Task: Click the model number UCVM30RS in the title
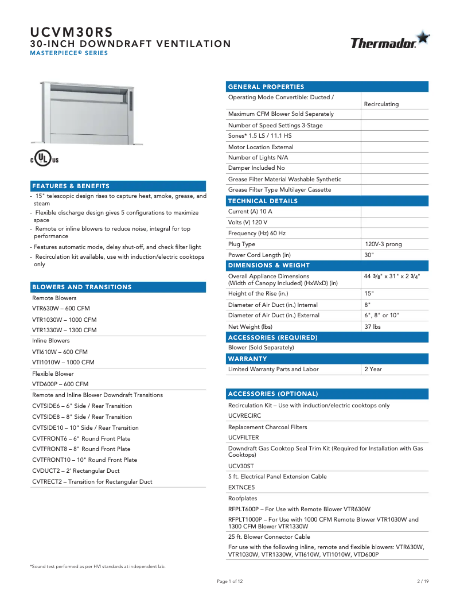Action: [x=71, y=32]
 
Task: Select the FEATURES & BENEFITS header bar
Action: [x=118, y=186]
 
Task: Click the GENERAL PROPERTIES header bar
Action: [x=328, y=87]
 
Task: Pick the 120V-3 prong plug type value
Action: [x=383, y=244]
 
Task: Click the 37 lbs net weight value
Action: [x=372, y=326]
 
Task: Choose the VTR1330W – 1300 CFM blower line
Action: [x=64, y=330]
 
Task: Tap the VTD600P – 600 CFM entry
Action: [x=60, y=384]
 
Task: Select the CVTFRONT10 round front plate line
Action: [x=84, y=460]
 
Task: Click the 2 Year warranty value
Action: [x=373, y=369]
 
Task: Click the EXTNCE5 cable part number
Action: [x=241, y=487]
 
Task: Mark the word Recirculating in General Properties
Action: [x=381, y=104]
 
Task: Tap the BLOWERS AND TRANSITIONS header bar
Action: [x=118, y=287]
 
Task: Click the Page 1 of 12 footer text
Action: [x=229, y=581]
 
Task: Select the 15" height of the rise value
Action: [x=369, y=293]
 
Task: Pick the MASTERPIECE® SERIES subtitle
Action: [x=69, y=53]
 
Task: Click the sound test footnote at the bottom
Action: [x=98, y=566]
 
